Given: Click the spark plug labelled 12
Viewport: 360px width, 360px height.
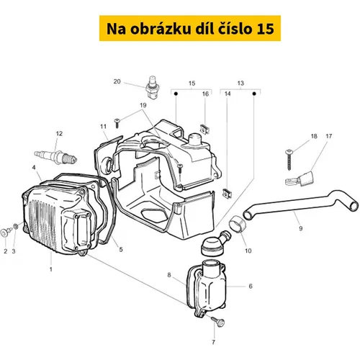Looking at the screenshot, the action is coord(55,156).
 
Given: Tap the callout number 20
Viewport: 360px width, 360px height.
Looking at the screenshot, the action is coord(117,81).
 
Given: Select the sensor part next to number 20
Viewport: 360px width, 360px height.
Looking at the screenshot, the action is coord(153,88).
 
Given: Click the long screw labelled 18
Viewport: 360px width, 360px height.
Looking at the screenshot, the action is coord(289,159).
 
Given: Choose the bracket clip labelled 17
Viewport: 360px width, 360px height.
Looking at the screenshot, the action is coord(300,179).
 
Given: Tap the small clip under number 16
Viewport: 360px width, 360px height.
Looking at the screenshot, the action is coord(204,130).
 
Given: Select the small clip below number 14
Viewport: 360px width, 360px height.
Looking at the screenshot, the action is coord(227,194).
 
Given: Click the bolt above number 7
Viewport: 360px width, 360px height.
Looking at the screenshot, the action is coord(217,322).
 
